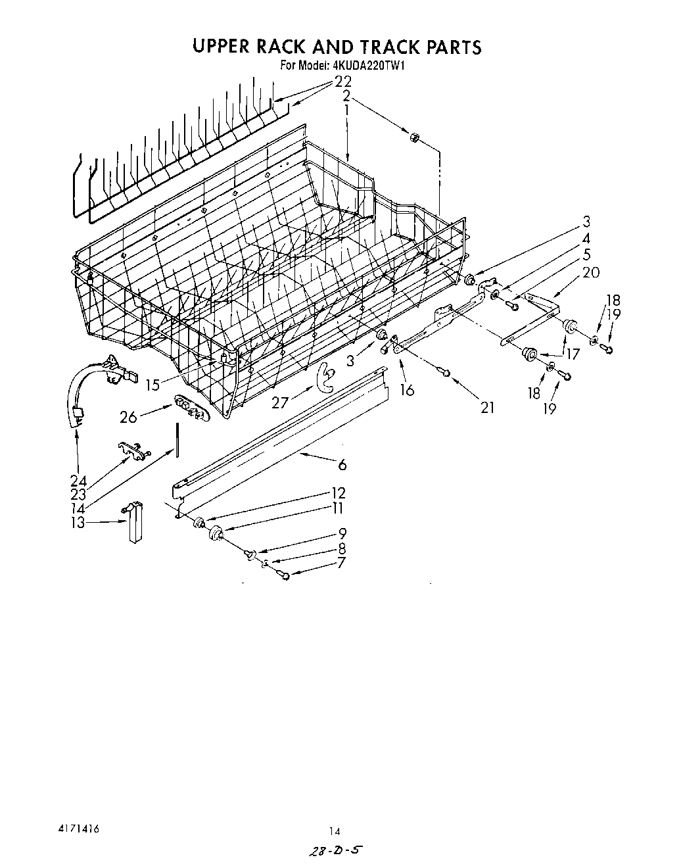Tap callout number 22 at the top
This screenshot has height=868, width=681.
[x=343, y=82]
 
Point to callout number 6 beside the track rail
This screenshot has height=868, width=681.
[x=342, y=465]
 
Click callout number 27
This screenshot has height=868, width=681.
[x=280, y=402]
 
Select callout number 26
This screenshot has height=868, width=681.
[x=128, y=416]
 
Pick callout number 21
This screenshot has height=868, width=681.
[x=486, y=407]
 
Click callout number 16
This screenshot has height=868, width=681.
[x=407, y=390]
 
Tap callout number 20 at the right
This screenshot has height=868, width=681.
[x=591, y=272]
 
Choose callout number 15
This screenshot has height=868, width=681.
[x=153, y=385]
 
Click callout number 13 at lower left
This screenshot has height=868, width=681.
[x=78, y=523]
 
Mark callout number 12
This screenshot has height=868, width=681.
[x=338, y=493]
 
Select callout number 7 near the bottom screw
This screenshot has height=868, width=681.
[x=341, y=563]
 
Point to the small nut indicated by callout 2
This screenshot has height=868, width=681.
[x=415, y=137]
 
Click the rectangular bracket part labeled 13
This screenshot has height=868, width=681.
[x=135, y=523]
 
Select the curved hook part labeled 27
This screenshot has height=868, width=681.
[x=324, y=376]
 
